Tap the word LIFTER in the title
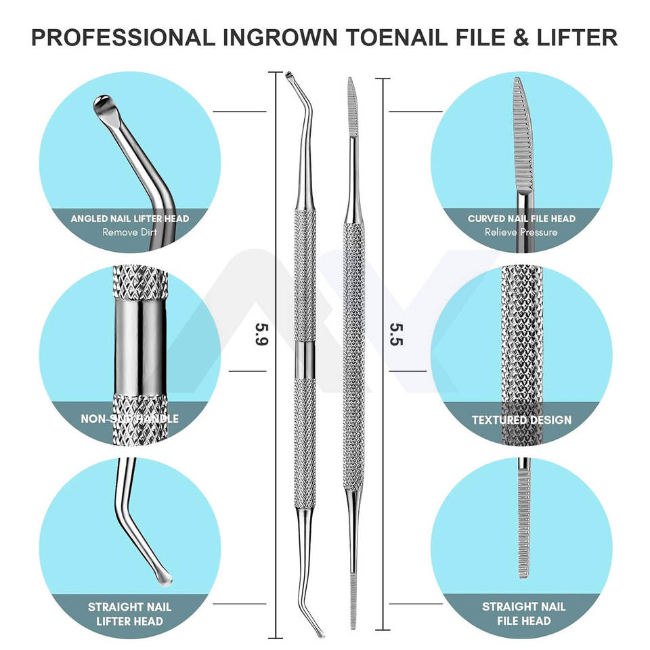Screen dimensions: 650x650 point(576,37)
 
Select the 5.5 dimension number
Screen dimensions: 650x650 point(397,334)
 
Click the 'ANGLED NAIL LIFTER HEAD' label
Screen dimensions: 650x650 point(129,219)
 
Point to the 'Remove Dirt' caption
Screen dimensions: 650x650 point(129,232)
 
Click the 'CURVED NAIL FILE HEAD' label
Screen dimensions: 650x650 point(521,219)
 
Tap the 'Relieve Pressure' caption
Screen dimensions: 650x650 point(521,232)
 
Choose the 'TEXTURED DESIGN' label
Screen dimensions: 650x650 point(521,420)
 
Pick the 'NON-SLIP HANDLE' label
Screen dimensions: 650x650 point(129,419)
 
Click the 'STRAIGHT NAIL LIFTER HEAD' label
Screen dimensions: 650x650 point(129,613)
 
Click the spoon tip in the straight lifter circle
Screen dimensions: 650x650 point(162,578)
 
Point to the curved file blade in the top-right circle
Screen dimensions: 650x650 point(522,135)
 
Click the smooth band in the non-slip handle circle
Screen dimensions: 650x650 point(140,345)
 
